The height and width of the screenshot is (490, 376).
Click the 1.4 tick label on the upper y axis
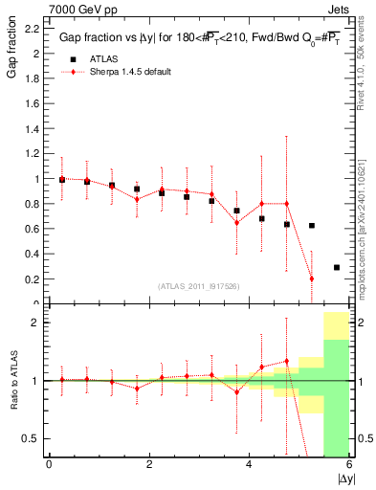(x=32, y=129)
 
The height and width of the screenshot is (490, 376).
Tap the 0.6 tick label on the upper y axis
(x=32, y=229)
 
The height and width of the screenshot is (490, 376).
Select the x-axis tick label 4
(x=249, y=465)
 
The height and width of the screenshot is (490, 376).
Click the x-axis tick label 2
(x=149, y=465)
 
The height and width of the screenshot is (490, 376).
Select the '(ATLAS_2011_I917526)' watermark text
(x=198, y=286)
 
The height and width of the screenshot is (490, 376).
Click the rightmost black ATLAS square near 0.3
(x=337, y=267)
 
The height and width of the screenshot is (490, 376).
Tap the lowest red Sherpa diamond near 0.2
(x=312, y=278)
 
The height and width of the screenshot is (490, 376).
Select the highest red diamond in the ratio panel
(x=286, y=361)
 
